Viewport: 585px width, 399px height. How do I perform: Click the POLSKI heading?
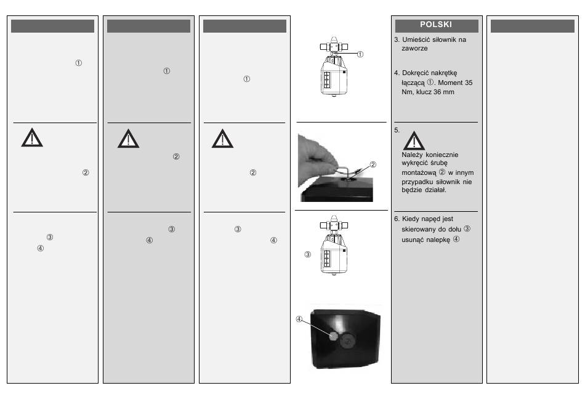(x=436, y=25)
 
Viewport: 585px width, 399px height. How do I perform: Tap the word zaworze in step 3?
(x=414, y=49)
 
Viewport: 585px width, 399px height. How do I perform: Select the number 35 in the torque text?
(x=469, y=83)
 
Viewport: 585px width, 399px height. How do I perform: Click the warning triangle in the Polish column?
(x=414, y=140)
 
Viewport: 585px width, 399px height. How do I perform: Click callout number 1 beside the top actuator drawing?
(x=360, y=54)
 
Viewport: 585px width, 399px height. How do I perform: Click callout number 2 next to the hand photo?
(x=373, y=164)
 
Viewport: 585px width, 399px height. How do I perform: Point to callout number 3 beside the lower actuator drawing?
(x=308, y=254)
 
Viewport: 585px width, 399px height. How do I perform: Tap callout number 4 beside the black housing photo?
(x=299, y=319)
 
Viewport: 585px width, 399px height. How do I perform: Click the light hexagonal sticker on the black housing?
(x=333, y=336)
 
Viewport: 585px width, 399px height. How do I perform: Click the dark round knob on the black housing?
(x=347, y=341)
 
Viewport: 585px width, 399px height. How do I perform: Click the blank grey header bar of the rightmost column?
(x=533, y=26)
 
